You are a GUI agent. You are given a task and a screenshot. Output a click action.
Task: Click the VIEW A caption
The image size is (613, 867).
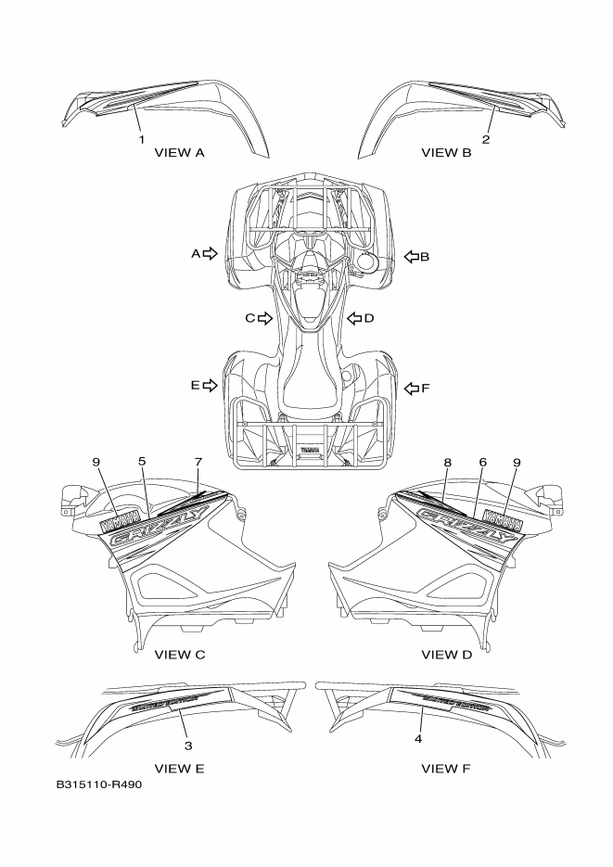[x=179, y=152]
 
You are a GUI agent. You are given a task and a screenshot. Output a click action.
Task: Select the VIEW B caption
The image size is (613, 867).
[x=446, y=152]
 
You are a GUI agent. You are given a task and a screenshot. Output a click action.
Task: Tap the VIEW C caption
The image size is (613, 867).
[x=179, y=655]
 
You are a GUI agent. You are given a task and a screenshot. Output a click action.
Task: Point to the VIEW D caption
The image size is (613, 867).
[x=446, y=655]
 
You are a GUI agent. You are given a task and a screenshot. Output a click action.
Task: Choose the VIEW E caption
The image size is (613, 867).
[x=179, y=768]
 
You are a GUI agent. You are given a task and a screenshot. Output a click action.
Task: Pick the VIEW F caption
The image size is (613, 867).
[x=446, y=768]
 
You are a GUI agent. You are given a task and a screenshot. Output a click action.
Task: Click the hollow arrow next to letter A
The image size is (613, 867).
[x=211, y=253]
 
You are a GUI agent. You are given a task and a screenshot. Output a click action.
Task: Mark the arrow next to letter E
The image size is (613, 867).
[x=211, y=385]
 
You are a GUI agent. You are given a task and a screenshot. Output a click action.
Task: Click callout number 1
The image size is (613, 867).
[x=142, y=140]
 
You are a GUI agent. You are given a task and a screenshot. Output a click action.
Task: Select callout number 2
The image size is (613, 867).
[x=485, y=140]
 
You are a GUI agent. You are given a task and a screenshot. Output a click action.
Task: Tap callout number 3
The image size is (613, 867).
[x=188, y=745]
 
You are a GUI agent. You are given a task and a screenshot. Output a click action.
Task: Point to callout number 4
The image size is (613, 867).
[x=418, y=739]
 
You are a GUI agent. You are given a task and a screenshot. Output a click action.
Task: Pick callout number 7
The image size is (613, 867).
[x=198, y=462]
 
